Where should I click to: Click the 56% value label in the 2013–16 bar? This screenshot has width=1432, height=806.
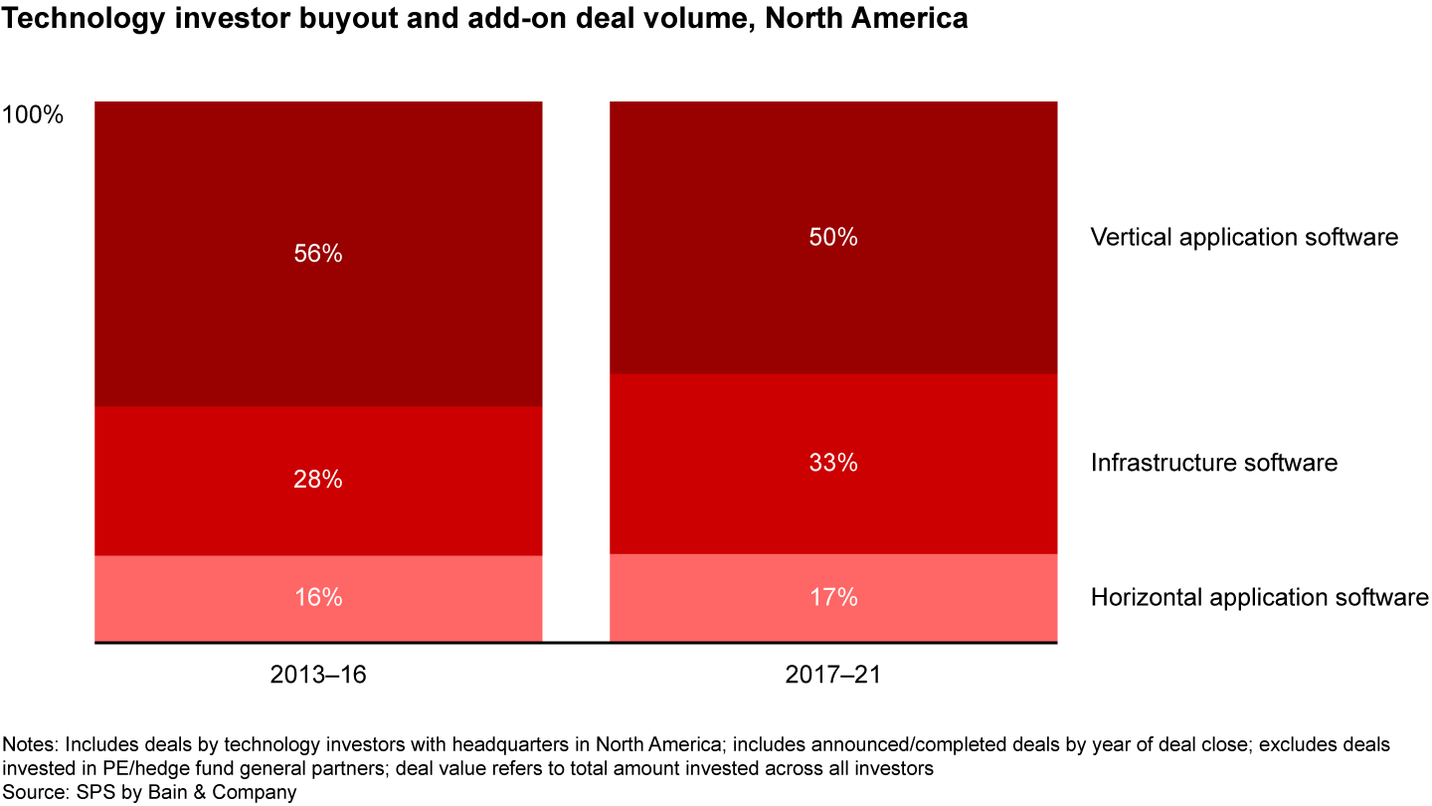coord(318,254)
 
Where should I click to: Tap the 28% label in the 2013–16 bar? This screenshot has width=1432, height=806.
coord(318,480)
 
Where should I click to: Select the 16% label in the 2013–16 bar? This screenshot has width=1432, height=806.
coord(318,597)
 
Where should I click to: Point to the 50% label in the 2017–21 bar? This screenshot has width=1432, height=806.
coord(833,237)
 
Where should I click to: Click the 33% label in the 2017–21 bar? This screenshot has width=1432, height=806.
coord(833,463)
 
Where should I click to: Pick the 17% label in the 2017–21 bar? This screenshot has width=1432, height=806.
coord(833,597)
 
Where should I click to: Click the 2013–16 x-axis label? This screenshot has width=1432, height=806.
coord(318,675)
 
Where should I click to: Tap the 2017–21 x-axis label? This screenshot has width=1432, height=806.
coord(833,675)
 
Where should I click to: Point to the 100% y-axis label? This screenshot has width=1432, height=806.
coord(33,114)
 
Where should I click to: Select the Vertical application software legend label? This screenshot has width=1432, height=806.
coord(1244,237)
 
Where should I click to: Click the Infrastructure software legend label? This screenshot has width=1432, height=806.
coord(1213,463)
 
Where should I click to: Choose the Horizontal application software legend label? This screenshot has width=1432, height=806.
coord(1259,597)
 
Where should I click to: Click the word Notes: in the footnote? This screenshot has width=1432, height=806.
coord(29,744)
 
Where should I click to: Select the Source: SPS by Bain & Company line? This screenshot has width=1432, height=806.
coord(149,792)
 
